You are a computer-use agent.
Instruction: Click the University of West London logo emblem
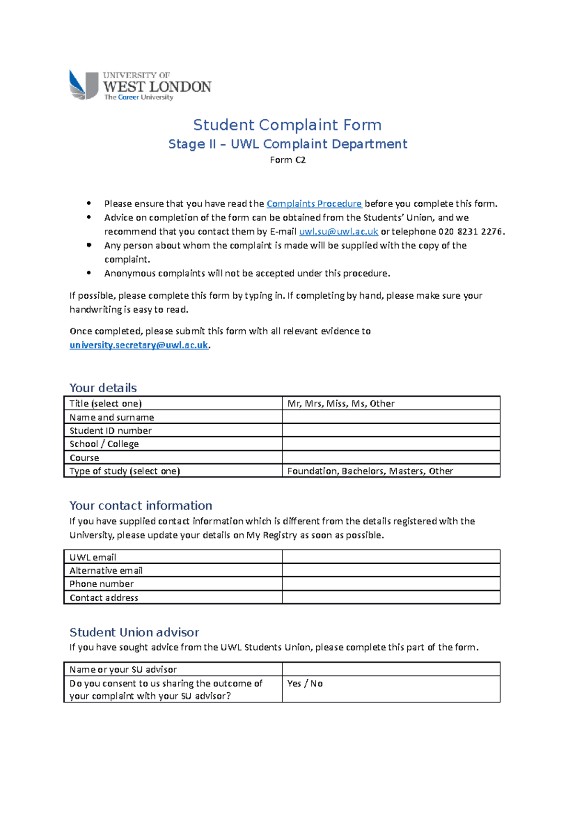click(83, 85)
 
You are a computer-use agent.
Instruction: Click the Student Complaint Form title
click(287, 125)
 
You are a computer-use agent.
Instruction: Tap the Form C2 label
click(287, 160)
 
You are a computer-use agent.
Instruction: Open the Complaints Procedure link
click(314, 204)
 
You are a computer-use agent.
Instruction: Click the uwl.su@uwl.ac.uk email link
click(338, 232)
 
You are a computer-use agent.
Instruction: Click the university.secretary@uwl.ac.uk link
click(138, 345)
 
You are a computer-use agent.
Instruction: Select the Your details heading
click(103, 388)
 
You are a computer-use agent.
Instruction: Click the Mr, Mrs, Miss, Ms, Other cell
click(341, 404)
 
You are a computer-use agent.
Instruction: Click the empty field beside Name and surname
click(391, 417)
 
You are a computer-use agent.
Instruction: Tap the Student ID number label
click(111, 430)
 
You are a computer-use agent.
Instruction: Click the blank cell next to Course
click(391, 457)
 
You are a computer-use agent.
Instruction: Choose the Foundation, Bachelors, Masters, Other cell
click(370, 471)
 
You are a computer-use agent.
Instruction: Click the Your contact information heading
click(140, 506)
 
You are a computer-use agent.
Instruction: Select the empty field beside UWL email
click(391, 557)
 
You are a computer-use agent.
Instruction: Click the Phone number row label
click(102, 584)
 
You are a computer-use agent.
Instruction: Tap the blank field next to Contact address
click(391, 597)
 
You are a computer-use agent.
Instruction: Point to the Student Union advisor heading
click(134, 632)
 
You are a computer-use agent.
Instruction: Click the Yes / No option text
click(305, 684)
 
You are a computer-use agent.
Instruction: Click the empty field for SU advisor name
click(391, 669)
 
